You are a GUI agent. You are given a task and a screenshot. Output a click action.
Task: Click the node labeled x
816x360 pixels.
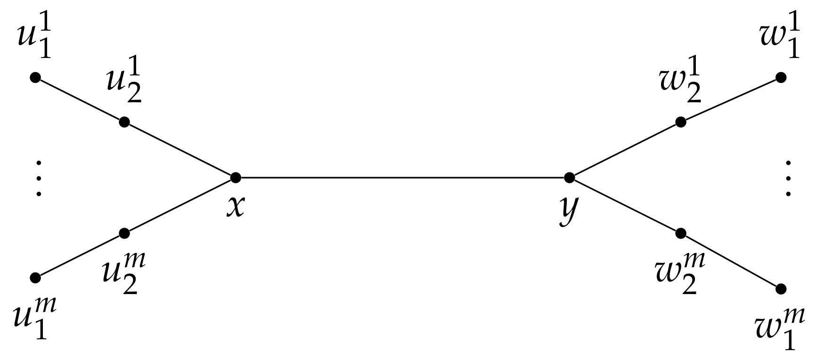point(236,178)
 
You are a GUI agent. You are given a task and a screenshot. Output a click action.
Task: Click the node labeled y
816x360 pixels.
point(569,178)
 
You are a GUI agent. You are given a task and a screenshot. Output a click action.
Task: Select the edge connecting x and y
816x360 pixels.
point(402,178)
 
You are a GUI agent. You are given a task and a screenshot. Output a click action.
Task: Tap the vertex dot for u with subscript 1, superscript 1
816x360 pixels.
point(35,78)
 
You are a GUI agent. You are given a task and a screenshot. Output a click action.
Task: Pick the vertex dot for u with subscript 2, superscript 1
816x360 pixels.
point(124,123)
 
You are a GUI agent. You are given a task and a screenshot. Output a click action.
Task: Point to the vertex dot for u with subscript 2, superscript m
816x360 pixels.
point(124,233)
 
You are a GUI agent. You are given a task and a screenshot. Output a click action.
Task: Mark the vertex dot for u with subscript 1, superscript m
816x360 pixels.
point(35,278)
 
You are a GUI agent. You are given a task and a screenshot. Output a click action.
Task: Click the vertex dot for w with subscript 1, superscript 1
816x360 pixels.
point(781,78)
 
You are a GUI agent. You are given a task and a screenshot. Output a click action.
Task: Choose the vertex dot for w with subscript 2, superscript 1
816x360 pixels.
point(680,123)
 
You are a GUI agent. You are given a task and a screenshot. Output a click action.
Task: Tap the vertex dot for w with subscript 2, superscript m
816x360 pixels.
point(680,233)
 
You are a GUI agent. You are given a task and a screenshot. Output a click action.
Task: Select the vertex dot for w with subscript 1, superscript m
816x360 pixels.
point(781,288)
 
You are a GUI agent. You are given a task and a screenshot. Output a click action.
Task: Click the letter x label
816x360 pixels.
point(236,206)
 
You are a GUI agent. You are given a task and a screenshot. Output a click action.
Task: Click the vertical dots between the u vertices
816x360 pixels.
point(39,178)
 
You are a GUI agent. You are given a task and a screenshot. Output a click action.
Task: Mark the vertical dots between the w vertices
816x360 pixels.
point(788,178)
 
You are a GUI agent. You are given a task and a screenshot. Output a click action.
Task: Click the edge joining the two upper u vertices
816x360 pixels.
point(79,100)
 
